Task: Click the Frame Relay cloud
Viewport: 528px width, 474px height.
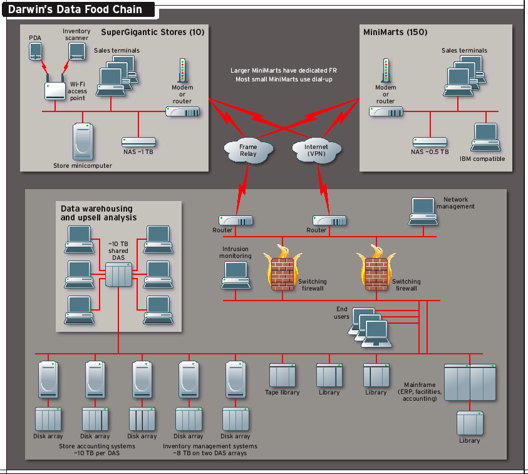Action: click(248, 150)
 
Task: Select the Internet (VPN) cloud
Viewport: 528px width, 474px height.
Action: click(316, 150)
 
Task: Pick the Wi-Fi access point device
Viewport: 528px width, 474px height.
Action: click(55, 90)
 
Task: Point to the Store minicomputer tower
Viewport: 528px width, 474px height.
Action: click(82, 142)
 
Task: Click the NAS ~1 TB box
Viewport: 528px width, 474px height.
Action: click(138, 142)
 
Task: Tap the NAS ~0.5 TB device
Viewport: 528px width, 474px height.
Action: click(430, 142)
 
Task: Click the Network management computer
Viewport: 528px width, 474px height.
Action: click(422, 211)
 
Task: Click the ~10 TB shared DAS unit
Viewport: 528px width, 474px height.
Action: click(118, 274)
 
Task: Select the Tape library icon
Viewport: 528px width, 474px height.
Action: click(282, 374)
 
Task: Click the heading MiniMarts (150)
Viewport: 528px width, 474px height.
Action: click(395, 31)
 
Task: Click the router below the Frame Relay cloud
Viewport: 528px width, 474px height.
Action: click(236, 220)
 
